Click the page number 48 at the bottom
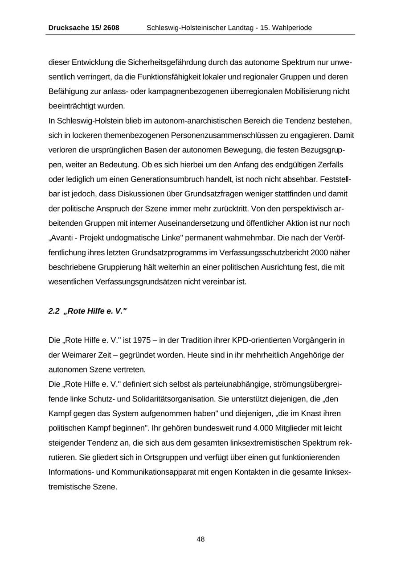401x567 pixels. coord(200,539)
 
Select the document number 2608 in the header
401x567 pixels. coord(111,28)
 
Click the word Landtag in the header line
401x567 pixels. coord(229,28)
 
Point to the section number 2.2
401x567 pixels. coord(54,311)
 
